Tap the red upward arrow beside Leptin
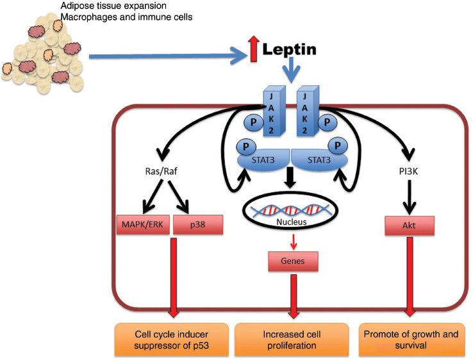coord(254,50)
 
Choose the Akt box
coord(409,225)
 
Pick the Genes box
coord(293,262)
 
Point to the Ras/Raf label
coord(160,172)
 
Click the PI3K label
coord(408,172)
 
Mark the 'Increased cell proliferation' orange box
coord(292,340)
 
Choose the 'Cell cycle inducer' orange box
coord(172,340)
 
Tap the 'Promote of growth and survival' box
coord(411,340)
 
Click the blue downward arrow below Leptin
coord(292,72)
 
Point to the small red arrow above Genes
coord(293,241)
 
